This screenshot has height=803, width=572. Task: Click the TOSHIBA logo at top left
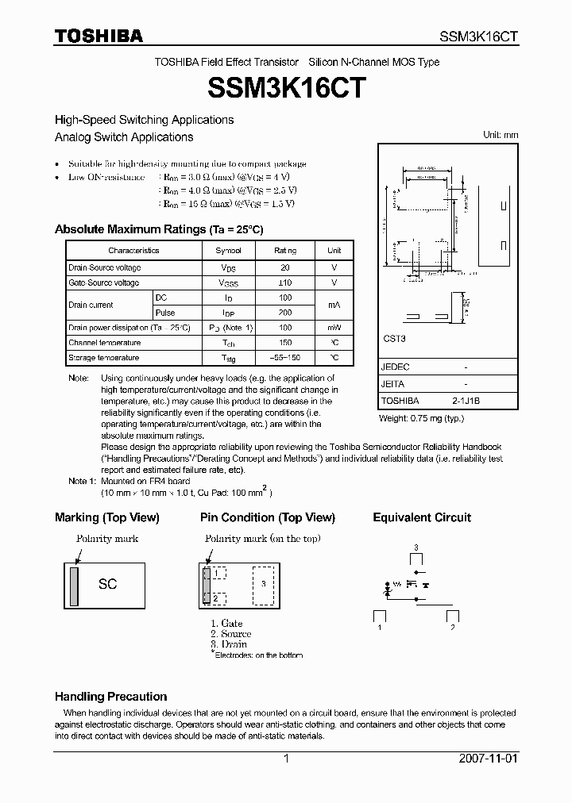point(99,36)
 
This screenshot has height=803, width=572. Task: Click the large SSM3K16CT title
point(286,87)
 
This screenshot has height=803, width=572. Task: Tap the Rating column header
point(285,251)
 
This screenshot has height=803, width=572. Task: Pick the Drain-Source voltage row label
point(105,268)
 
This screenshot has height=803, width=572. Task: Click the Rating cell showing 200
point(285,313)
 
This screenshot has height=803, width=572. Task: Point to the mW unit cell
point(334,328)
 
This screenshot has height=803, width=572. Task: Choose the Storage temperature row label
point(105,358)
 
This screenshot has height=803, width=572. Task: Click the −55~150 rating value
point(285,358)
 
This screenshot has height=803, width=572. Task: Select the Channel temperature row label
point(105,343)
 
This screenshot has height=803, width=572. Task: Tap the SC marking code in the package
point(107,584)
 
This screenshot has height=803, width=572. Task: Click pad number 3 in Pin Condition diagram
point(264,583)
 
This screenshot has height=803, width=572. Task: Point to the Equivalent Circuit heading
point(422,517)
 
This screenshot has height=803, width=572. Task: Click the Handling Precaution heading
point(111,697)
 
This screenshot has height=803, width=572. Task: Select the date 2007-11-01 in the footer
point(487,759)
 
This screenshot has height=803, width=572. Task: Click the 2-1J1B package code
point(466,401)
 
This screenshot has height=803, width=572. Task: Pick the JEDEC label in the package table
point(395,367)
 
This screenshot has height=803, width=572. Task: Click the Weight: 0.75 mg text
point(421,418)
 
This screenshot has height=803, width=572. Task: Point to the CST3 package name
point(393,338)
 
